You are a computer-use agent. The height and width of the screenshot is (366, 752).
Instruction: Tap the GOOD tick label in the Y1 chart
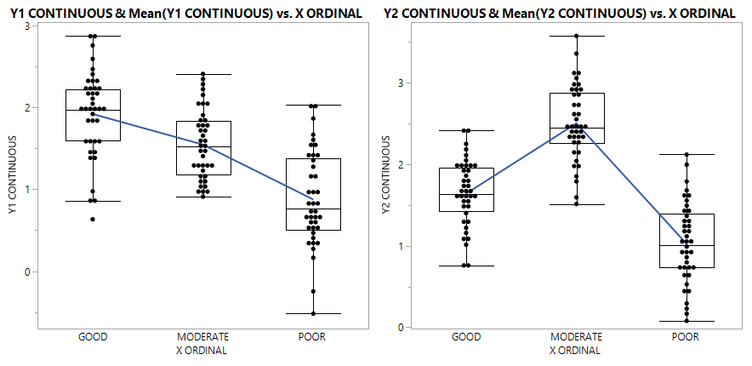(92, 337)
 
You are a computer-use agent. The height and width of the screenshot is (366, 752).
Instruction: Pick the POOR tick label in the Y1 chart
(311, 337)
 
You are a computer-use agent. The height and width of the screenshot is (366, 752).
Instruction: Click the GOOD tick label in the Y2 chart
(466, 337)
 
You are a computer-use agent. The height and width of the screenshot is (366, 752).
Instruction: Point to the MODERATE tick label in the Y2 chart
(576, 337)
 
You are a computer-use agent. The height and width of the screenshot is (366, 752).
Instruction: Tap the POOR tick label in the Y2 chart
(686, 337)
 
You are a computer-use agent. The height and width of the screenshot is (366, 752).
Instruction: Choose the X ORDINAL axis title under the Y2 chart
(576, 350)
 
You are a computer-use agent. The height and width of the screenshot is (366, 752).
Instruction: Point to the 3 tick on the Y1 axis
(27, 26)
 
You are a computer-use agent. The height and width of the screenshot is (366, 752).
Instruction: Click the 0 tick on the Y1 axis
(27, 272)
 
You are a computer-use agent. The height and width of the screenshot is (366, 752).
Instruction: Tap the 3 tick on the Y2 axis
(401, 83)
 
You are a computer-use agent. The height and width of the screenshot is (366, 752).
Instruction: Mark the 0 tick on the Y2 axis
(401, 327)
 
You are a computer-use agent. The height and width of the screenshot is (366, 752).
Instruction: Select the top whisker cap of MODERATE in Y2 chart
(576, 36)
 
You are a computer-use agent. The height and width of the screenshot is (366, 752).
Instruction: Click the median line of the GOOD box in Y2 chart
(466, 195)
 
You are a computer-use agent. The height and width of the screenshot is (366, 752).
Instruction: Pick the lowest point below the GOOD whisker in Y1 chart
(92, 220)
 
